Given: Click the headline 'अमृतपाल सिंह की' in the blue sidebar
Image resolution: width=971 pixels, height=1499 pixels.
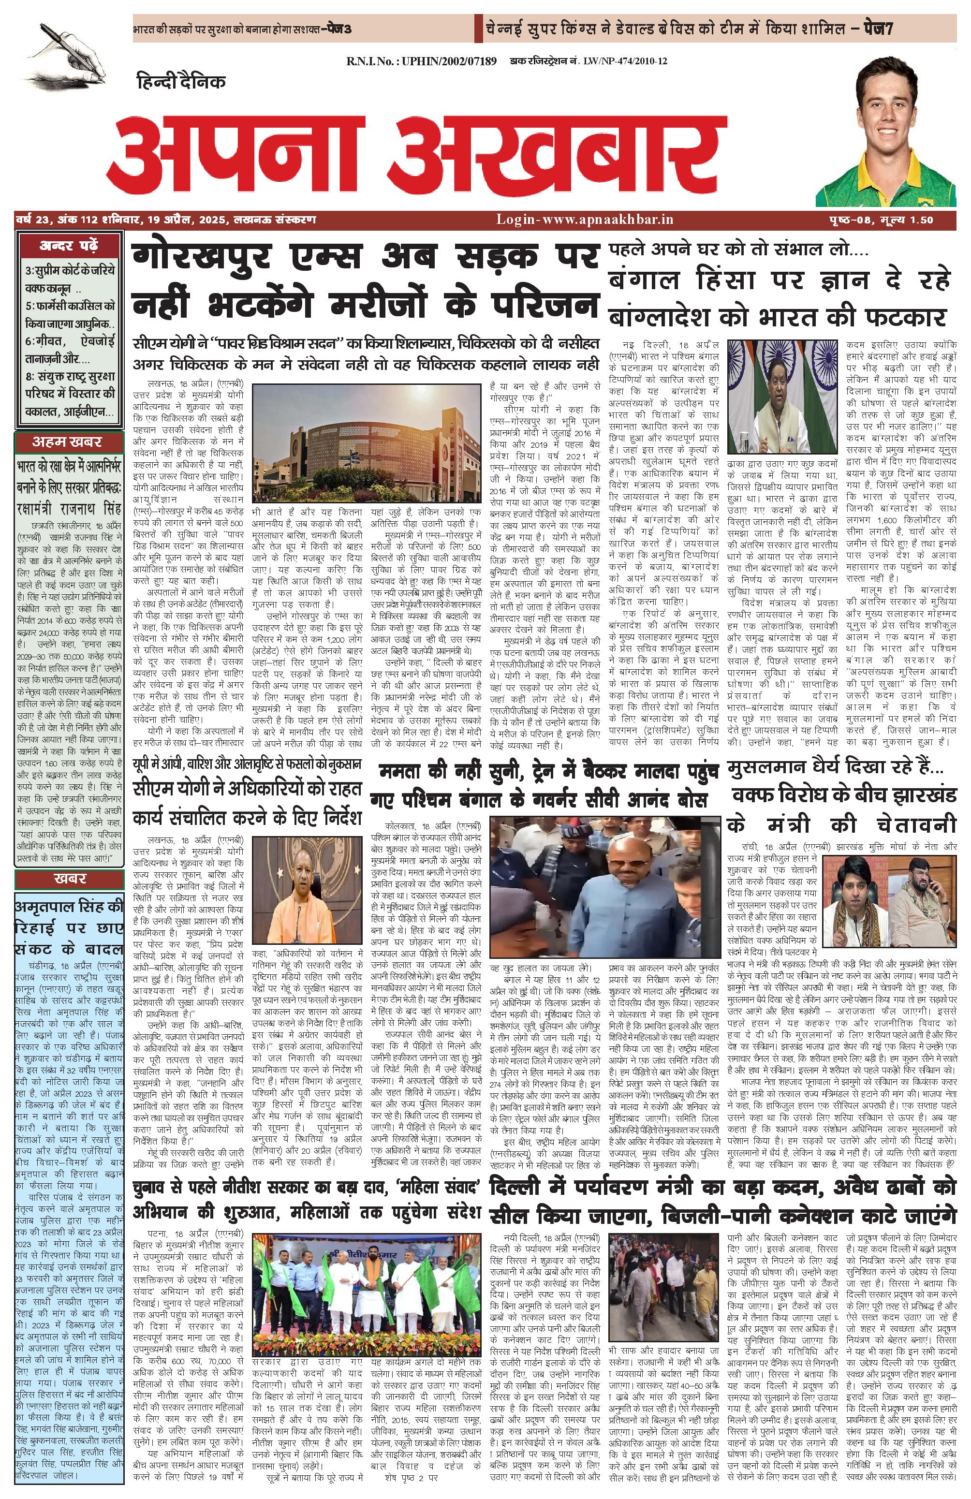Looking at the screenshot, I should click(69, 908).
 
